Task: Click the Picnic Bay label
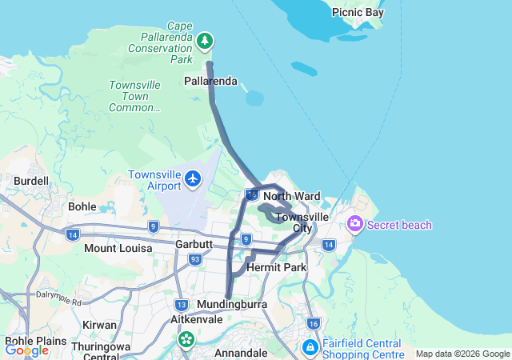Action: [359, 13]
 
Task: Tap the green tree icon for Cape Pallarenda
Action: [206, 40]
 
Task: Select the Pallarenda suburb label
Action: [210, 82]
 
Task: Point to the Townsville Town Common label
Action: [135, 96]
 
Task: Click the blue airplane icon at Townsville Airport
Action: [193, 178]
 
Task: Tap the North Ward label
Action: [291, 196]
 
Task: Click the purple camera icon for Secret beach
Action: [355, 225]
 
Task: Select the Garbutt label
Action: [194, 244]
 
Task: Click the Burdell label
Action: [31, 181]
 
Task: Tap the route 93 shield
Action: [194, 258]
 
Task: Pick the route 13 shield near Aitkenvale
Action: [182, 304]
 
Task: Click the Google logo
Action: [26, 350]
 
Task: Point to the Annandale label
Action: [241, 353]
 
